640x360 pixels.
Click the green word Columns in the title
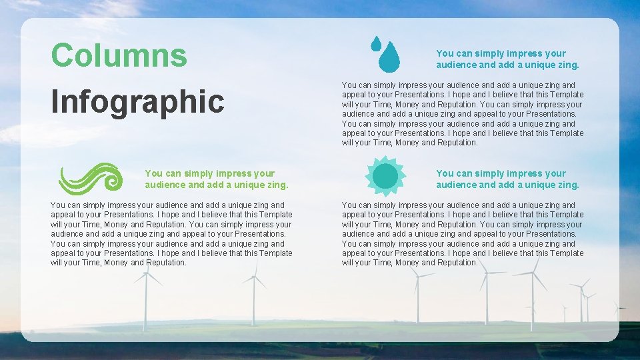[x=119, y=55]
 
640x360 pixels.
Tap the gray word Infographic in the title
[x=137, y=102]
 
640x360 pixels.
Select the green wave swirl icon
[x=90, y=179]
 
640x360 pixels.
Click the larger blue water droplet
[x=389, y=57]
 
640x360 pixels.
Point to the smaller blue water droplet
[x=375, y=44]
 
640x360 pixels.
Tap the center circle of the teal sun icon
[x=385, y=176]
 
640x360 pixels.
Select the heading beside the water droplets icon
[x=507, y=59]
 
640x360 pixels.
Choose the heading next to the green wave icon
[x=216, y=179]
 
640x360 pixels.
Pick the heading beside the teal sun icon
[x=507, y=179]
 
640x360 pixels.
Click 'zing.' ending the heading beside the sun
[x=567, y=185]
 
